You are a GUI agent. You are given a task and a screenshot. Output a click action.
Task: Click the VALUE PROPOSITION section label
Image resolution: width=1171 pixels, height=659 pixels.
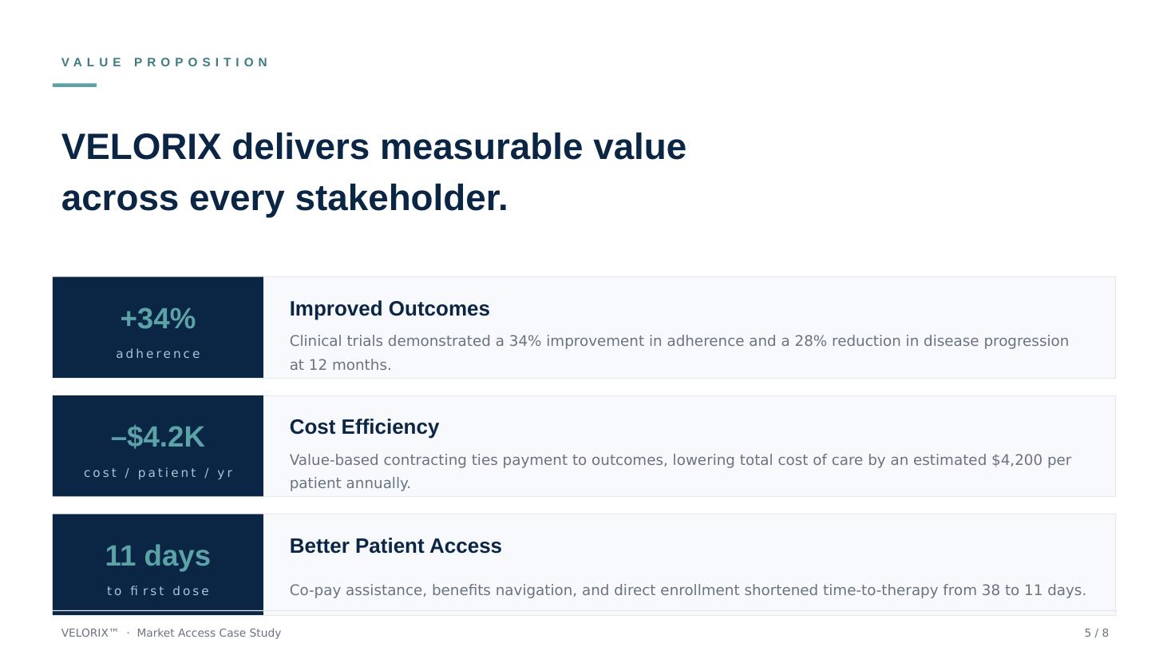click(165, 62)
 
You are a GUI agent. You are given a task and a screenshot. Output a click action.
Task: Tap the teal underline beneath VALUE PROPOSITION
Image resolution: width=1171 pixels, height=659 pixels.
click(74, 85)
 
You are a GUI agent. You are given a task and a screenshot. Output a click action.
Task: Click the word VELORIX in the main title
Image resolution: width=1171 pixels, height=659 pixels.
click(141, 147)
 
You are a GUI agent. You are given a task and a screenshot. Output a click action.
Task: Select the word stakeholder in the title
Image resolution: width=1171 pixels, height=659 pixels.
click(402, 198)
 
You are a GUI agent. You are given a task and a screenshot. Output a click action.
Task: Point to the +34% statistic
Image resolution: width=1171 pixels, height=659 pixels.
click(158, 319)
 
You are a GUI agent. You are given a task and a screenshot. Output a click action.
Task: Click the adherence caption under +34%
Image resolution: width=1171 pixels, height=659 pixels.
click(158, 354)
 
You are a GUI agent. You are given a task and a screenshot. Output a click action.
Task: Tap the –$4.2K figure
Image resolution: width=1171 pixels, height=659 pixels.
click(158, 437)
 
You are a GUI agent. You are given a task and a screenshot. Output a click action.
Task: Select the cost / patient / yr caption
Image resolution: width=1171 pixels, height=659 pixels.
click(158, 473)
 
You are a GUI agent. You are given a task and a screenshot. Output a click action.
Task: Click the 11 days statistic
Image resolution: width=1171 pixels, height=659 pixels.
click(158, 555)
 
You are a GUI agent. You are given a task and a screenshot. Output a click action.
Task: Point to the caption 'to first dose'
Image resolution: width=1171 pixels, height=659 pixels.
click(158, 591)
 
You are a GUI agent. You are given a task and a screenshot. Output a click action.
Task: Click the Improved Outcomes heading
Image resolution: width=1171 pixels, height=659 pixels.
click(390, 309)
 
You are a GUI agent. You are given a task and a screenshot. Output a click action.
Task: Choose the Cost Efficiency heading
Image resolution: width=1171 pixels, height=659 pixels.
click(364, 427)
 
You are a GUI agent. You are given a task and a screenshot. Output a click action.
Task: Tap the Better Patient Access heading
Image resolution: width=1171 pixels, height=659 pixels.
click(395, 546)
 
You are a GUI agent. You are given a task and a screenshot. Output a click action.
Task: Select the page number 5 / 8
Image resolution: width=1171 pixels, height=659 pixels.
click(1096, 633)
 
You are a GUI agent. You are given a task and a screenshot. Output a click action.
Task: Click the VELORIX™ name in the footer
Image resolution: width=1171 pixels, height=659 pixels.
click(89, 633)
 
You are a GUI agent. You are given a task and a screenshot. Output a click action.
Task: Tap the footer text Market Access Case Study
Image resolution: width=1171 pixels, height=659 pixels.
click(208, 633)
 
